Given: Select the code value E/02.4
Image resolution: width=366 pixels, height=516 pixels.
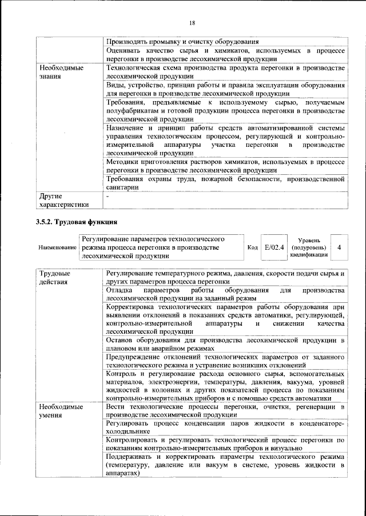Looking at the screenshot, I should (274, 247).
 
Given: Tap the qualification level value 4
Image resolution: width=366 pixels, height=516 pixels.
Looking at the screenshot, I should (340, 247).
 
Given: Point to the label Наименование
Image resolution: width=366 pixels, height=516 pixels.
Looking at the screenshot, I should (57, 248).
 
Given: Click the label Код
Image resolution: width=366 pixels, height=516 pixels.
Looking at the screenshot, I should (252, 247).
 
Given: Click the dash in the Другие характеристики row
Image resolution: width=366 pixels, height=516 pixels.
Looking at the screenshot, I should (108, 195).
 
